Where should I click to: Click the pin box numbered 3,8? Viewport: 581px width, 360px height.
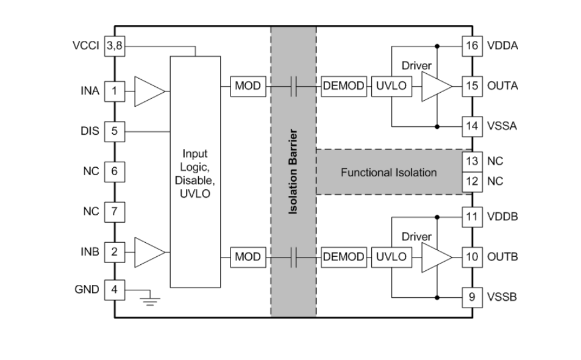pyautogui.click(x=115, y=46)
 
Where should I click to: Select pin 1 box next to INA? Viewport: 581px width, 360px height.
pyautogui.click(x=115, y=92)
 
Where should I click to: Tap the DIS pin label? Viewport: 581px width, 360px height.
pyautogui.click(x=90, y=131)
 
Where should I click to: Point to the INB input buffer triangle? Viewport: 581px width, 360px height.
pyautogui.click(x=149, y=252)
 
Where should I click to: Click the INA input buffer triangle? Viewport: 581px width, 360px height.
pyautogui.click(x=149, y=92)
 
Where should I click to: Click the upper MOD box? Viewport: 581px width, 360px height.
pyautogui.click(x=248, y=87)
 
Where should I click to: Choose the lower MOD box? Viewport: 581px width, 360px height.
pyautogui.click(x=248, y=257)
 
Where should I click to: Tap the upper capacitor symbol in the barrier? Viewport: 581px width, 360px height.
pyautogui.click(x=293, y=87)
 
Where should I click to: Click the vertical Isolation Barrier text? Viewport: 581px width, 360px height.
pyautogui.click(x=293, y=171)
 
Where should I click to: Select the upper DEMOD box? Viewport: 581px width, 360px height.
pyautogui.click(x=343, y=87)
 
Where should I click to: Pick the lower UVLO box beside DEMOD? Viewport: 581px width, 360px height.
pyautogui.click(x=391, y=257)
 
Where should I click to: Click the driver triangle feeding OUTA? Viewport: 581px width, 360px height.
pyautogui.click(x=437, y=87)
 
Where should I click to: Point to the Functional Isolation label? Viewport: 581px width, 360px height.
pyautogui.click(x=388, y=173)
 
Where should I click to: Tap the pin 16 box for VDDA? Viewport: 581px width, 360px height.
pyautogui.click(x=472, y=46)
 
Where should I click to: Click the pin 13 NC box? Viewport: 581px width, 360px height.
pyautogui.click(x=472, y=161)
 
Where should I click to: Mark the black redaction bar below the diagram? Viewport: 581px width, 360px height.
pyautogui.click(x=431, y=329)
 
